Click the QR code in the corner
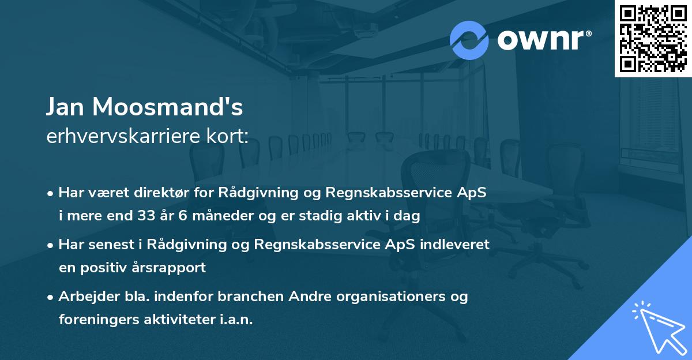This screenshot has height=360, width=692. [x=653, y=38]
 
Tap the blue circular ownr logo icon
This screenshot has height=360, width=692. [x=469, y=40]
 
